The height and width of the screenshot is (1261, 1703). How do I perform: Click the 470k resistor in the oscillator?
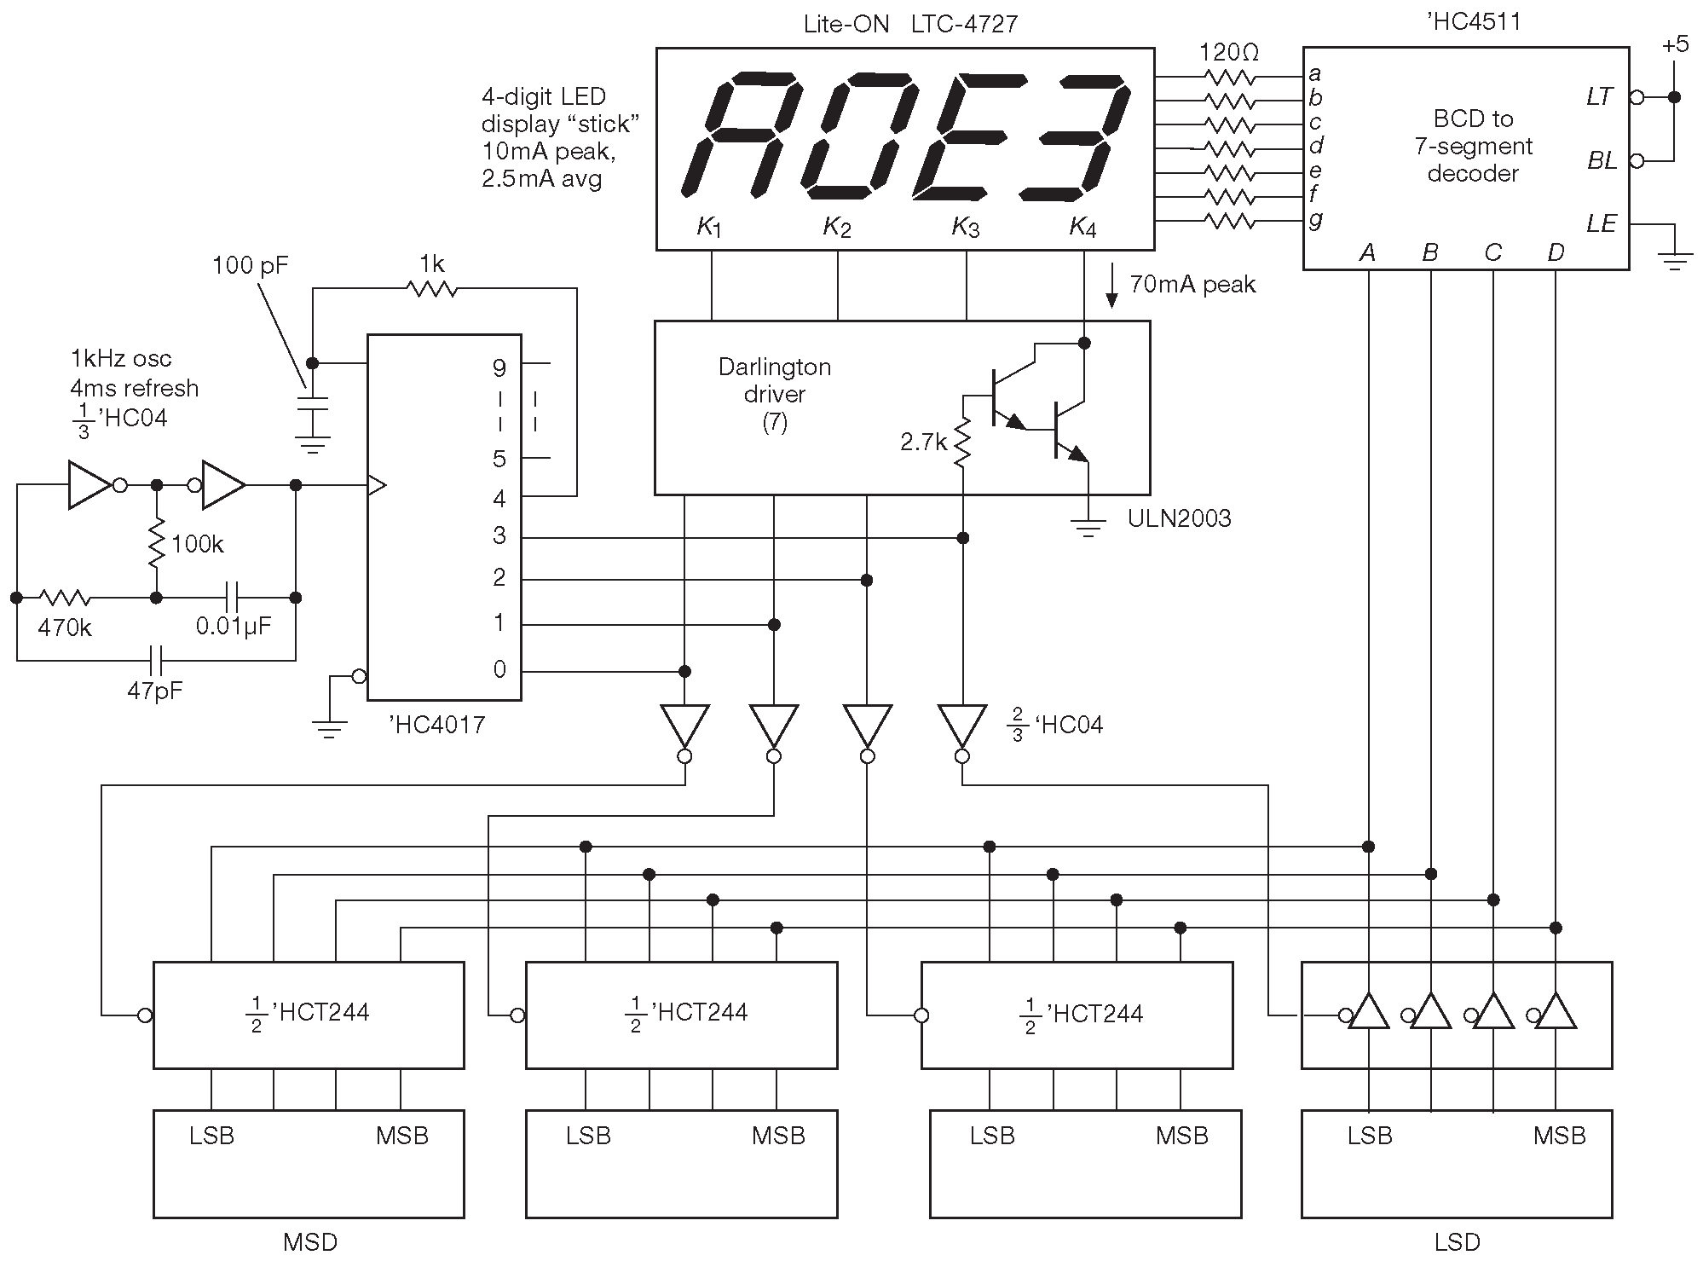coord(65,598)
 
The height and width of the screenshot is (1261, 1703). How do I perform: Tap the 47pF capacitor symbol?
coord(157,659)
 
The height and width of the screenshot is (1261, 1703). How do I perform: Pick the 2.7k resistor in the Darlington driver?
coord(963,443)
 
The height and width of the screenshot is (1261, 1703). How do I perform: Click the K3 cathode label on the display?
coord(966,227)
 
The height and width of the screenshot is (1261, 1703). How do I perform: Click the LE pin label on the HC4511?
coord(1601,223)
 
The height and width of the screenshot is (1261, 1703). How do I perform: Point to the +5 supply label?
coord(1674,44)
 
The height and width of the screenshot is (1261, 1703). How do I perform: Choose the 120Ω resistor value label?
coord(1228,53)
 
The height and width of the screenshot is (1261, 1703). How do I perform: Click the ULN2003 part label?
coord(1179,518)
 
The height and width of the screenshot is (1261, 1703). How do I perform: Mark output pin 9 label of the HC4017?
coord(499,367)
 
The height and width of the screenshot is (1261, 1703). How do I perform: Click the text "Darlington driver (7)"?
coord(774,394)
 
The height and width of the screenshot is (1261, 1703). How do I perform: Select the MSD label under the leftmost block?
coord(309,1242)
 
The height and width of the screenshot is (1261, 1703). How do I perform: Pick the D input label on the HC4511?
coord(1556,252)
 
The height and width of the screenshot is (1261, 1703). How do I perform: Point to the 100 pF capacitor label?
coord(250,266)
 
